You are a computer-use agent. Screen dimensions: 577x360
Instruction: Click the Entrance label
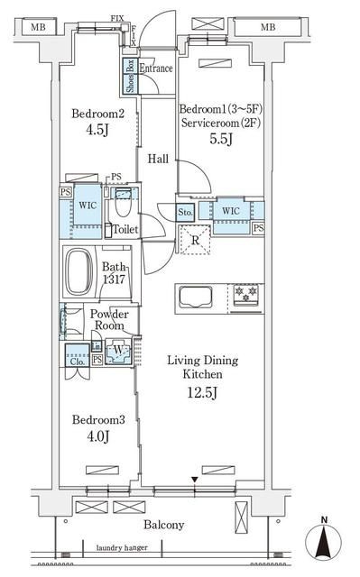[x=155, y=69]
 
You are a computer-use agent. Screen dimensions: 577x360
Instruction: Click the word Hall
[x=159, y=157]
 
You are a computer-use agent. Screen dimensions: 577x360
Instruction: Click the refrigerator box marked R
[x=194, y=239]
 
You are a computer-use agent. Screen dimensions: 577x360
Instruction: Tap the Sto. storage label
[x=185, y=213]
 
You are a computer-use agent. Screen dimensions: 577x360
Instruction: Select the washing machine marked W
[x=117, y=351]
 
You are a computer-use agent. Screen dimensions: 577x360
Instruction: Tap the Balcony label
[x=163, y=526]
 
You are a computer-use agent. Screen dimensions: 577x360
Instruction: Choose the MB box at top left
[x=37, y=28]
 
